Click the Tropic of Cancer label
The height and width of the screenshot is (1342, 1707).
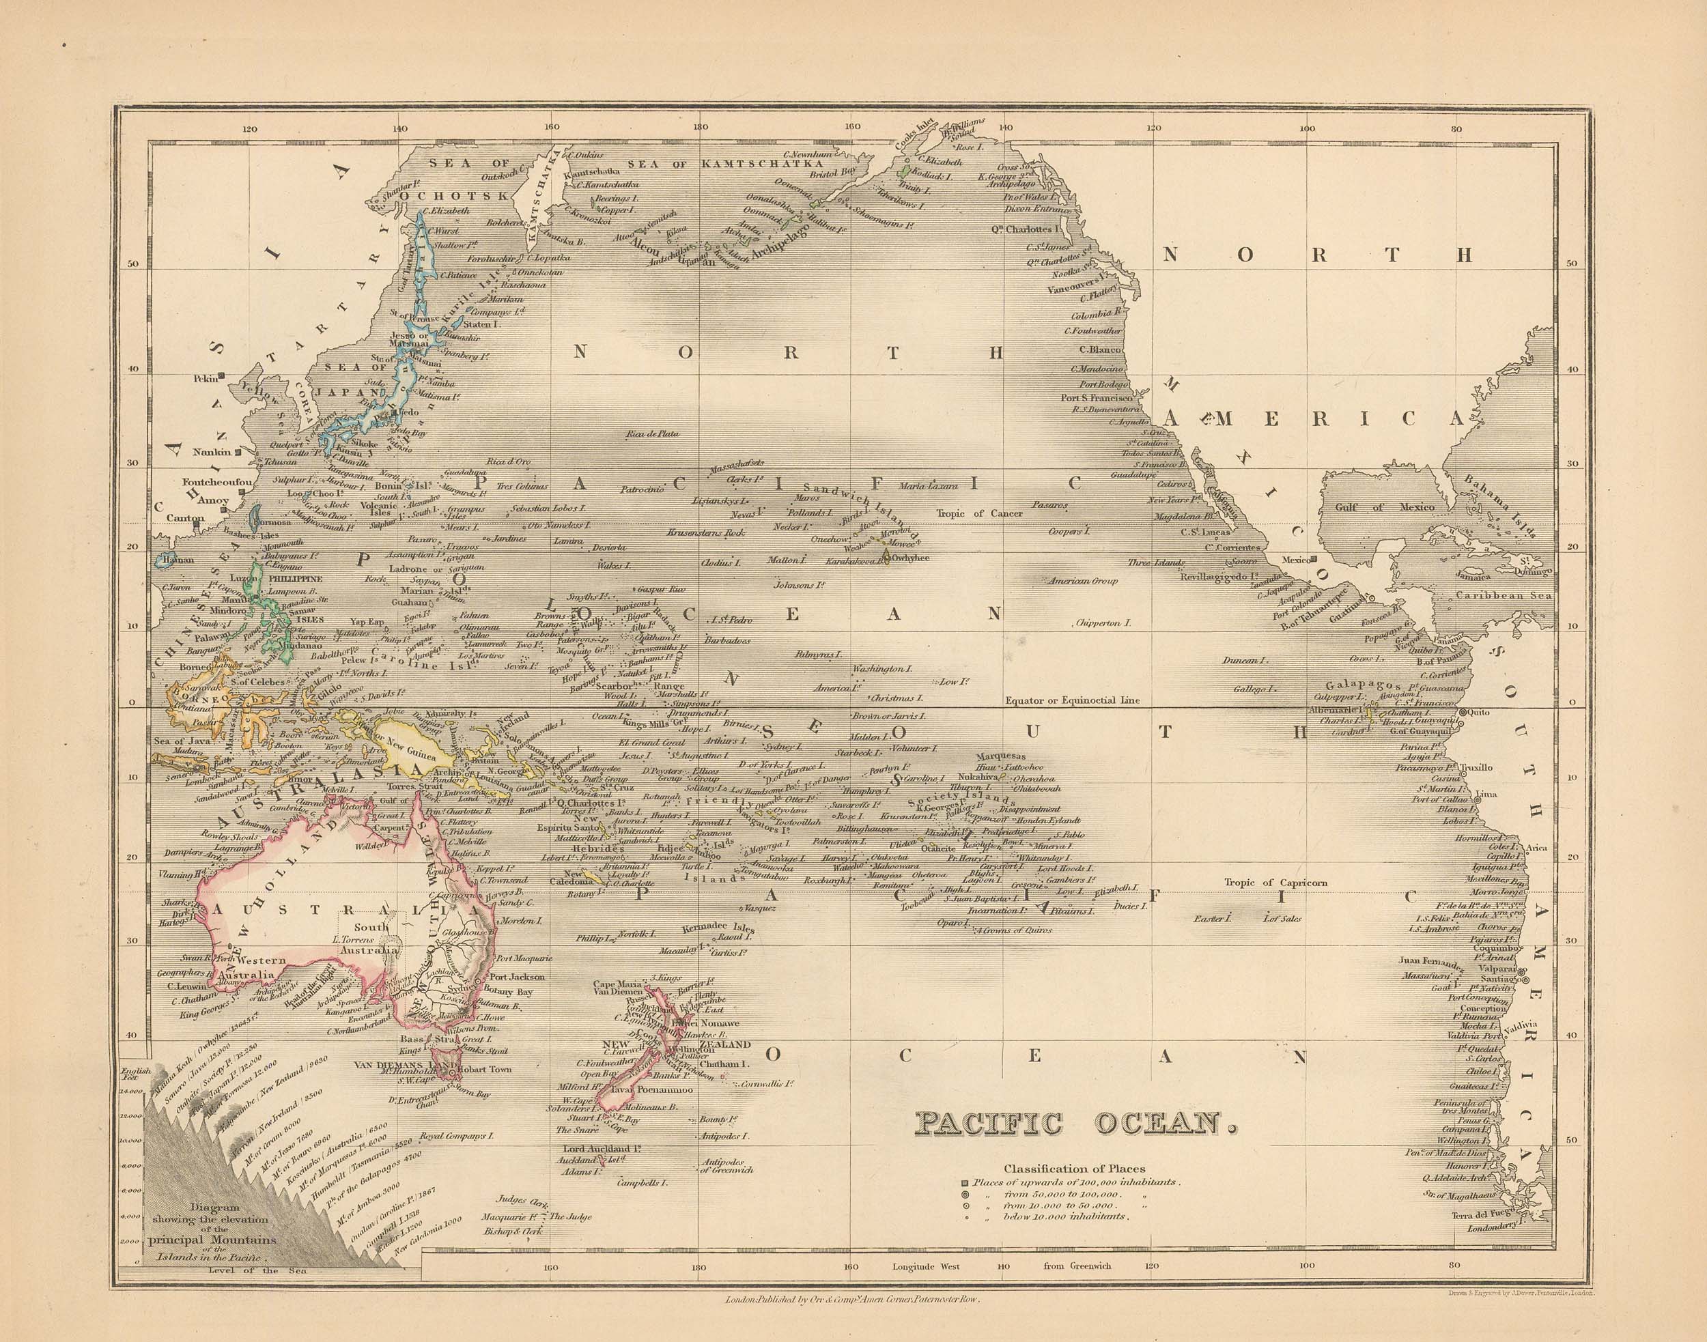979,514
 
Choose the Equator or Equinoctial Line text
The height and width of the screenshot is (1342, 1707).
1072,699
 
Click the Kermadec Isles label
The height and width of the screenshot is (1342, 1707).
718,928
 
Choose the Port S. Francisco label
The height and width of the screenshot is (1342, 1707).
1094,397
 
